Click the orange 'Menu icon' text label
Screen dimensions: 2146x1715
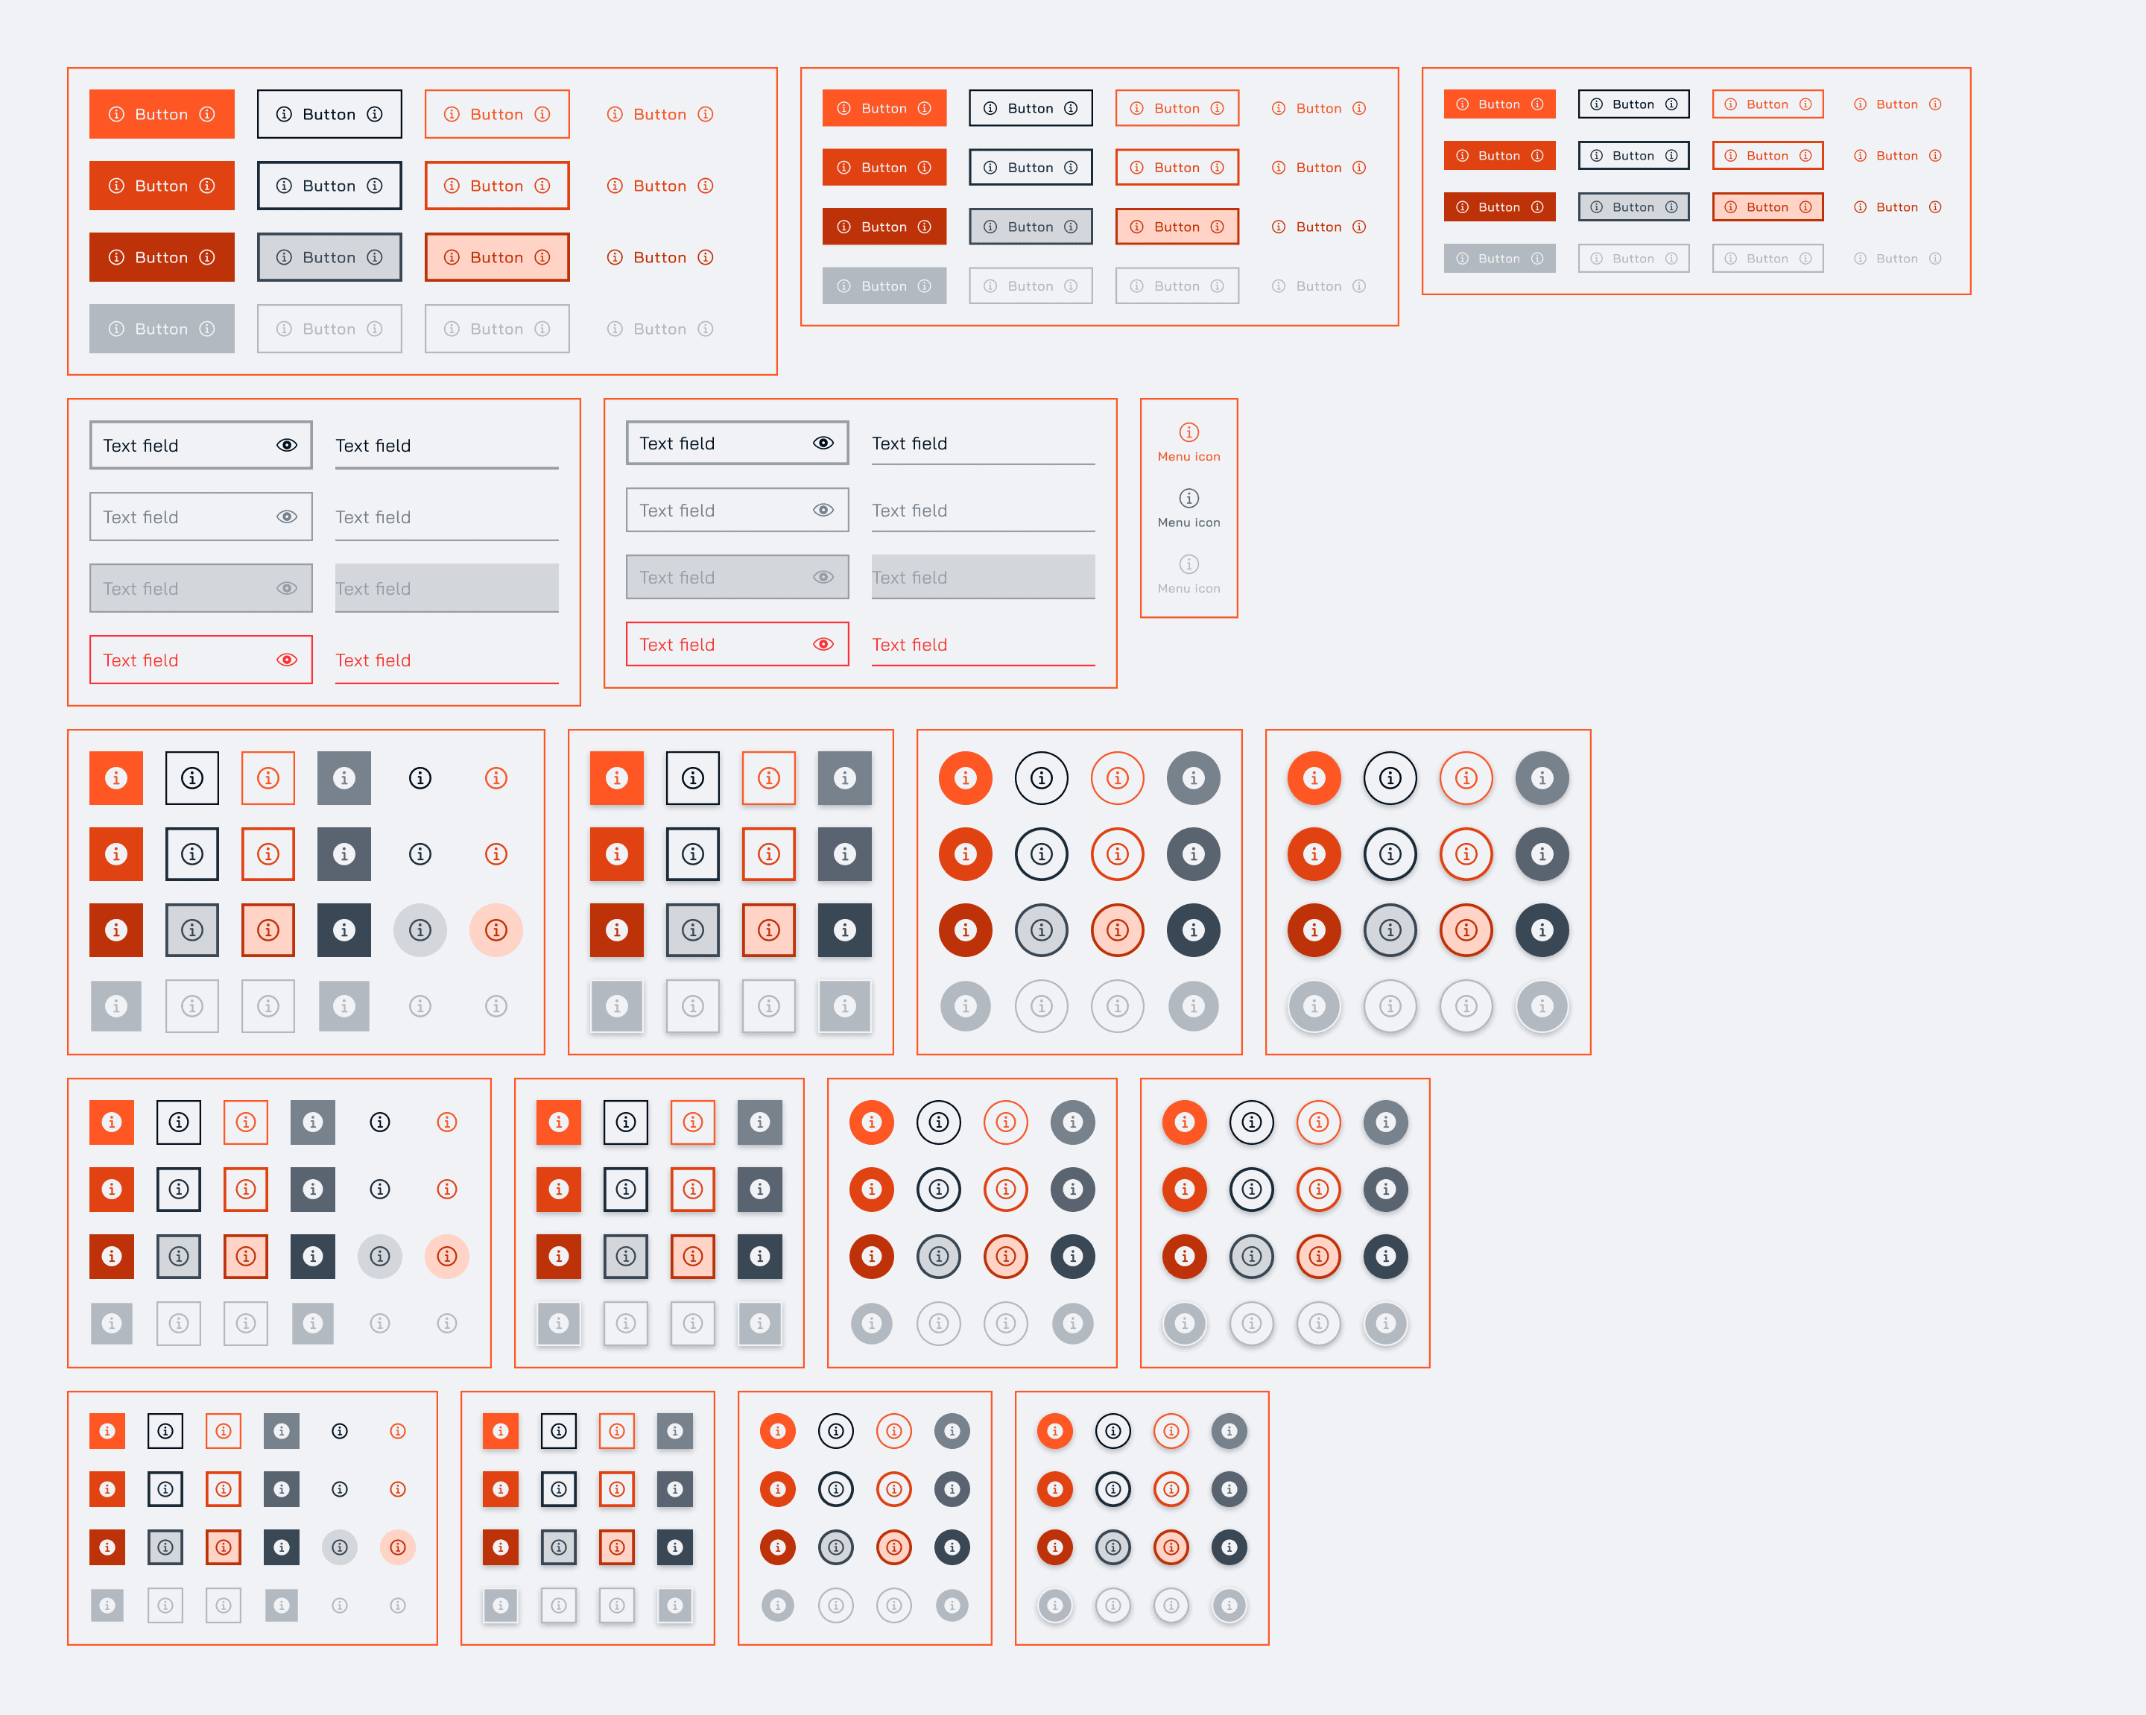[x=1188, y=457]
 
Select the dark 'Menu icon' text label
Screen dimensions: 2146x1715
[x=1188, y=522]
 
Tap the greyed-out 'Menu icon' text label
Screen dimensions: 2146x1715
[x=1188, y=588]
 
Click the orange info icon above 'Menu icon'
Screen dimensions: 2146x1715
[x=1188, y=432]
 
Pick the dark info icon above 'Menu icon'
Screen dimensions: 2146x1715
[x=1188, y=498]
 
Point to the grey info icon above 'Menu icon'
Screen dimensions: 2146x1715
[x=1188, y=564]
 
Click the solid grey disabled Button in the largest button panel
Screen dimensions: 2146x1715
[x=161, y=329]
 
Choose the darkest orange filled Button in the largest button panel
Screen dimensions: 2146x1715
[x=161, y=257]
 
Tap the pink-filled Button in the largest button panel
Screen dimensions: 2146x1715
[x=497, y=257]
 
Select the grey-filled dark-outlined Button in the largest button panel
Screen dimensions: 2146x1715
[x=329, y=257]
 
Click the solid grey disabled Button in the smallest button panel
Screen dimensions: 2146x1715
[x=1499, y=259]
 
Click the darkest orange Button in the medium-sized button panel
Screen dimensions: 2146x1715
[x=884, y=227]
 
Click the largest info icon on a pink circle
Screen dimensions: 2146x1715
[x=496, y=929]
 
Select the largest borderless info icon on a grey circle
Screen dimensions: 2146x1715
[x=420, y=929]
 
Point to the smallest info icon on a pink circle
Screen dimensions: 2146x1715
[x=398, y=1547]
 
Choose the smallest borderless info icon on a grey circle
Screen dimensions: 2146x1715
[x=340, y=1547]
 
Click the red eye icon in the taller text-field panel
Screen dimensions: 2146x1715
[x=287, y=660]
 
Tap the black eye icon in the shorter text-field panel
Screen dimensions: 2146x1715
[x=823, y=443]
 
